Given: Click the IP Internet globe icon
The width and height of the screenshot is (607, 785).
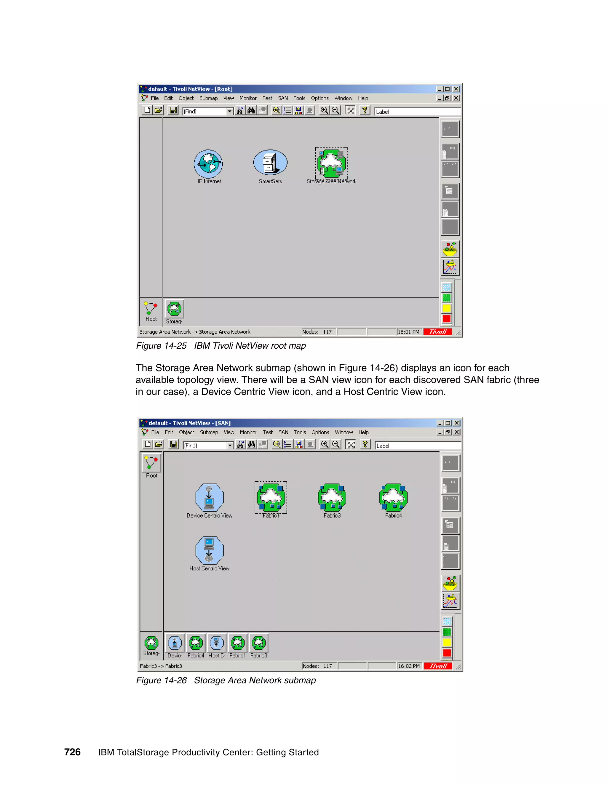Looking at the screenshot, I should pos(208,164).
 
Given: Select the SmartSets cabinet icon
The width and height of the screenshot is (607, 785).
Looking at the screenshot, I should pos(270,162).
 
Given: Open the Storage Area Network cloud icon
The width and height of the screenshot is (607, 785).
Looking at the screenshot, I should pos(331,163).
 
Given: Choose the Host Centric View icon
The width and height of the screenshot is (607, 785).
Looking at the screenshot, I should pos(209,550).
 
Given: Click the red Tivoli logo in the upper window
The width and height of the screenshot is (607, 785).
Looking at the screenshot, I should pos(438,332).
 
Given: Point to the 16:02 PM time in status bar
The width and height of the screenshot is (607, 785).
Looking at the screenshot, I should pos(409,666).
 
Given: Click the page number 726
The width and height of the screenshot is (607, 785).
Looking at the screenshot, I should pos(72,752).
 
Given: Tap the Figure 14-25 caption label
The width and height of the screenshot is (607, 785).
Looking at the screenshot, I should pos(162,346).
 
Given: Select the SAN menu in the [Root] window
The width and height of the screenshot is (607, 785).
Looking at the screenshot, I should pos(283,98).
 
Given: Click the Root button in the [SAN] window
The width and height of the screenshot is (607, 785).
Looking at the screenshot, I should pos(151,465).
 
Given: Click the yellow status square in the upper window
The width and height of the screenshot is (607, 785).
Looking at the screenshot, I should pos(447,308).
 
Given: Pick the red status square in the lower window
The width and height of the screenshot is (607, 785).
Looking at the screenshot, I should pos(447,653).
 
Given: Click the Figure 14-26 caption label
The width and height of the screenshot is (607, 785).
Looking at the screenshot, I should pos(162,680).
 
